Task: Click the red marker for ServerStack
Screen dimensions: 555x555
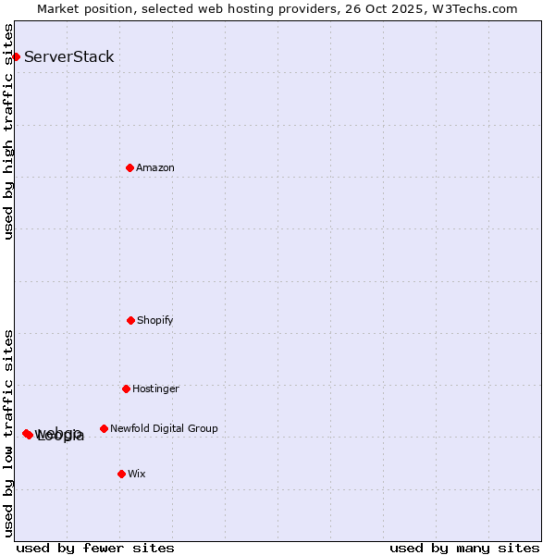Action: coord(16,56)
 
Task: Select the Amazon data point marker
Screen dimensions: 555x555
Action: coord(129,167)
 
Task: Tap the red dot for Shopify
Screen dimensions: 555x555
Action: coord(130,320)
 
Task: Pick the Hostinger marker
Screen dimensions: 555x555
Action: coord(126,388)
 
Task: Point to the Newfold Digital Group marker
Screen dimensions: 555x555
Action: coord(104,428)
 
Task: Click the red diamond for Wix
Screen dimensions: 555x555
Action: coord(121,474)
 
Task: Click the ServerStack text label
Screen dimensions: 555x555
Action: coord(69,56)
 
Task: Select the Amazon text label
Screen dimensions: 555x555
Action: coord(155,167)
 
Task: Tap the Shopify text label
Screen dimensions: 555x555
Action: coord(155,320)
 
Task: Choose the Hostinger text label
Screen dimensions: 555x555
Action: coord(155,388)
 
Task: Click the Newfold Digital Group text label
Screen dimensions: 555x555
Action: coord(164,428)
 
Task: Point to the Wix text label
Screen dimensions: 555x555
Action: coord(137,474)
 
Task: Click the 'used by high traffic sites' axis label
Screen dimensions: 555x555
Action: coord(8,131)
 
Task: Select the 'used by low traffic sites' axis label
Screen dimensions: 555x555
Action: coord(8,433)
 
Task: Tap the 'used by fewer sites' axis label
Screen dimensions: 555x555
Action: coord(95,548)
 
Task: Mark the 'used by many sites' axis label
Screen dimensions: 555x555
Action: coord(464,548)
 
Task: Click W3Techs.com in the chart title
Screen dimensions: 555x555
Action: coord(474,8)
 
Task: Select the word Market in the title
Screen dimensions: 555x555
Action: coord(60,8)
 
